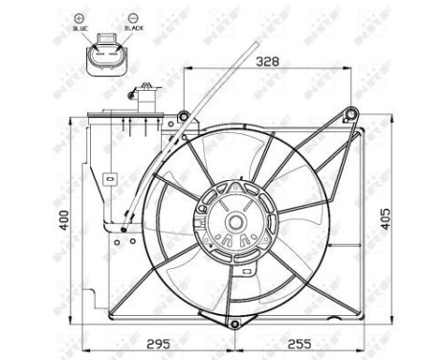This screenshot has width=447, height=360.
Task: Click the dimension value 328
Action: coord(269,60)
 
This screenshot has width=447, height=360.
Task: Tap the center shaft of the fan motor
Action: coord(234,221)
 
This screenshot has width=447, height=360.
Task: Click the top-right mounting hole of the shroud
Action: coord(351,115)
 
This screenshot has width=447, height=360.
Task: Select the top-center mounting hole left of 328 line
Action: coord(183,117)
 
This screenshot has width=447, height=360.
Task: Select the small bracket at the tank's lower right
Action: coord(126,228)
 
